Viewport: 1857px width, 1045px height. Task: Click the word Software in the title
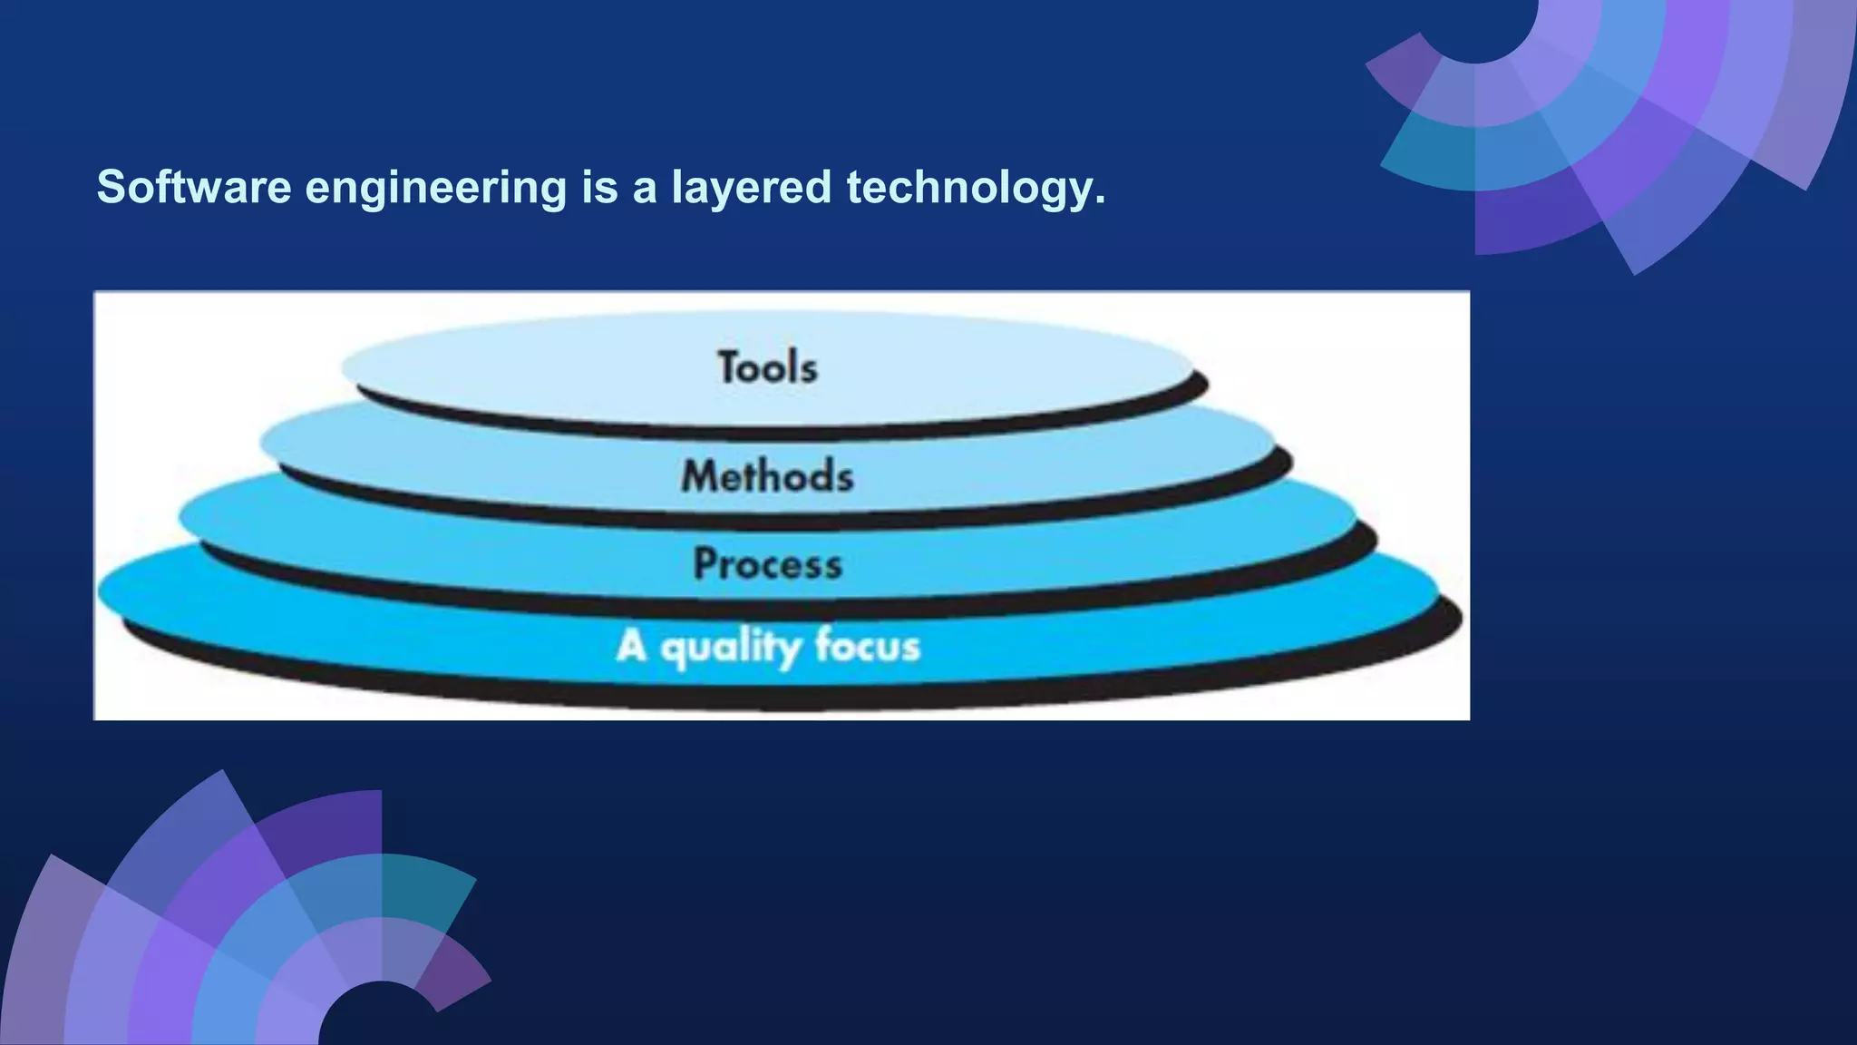[x=194, y=187]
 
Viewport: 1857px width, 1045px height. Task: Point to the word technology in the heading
[x=970, y=189]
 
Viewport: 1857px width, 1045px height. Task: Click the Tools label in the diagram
[x=767, y=367]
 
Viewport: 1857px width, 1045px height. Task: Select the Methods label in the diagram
[x=767, y=475]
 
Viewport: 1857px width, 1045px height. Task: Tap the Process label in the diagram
[x=767, y=564]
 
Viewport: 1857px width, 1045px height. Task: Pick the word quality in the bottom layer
[x=731, y=648]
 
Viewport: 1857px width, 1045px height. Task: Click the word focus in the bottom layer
[x=867, y=646]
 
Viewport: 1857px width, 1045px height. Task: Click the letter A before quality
[x=631, y=646]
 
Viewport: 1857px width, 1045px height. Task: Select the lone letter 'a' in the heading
[x=644, y=189]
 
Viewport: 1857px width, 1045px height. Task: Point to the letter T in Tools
[x=731, y=366]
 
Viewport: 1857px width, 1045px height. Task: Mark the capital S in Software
[x=111, y=187]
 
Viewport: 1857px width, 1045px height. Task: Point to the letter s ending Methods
[x=843, y=479]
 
